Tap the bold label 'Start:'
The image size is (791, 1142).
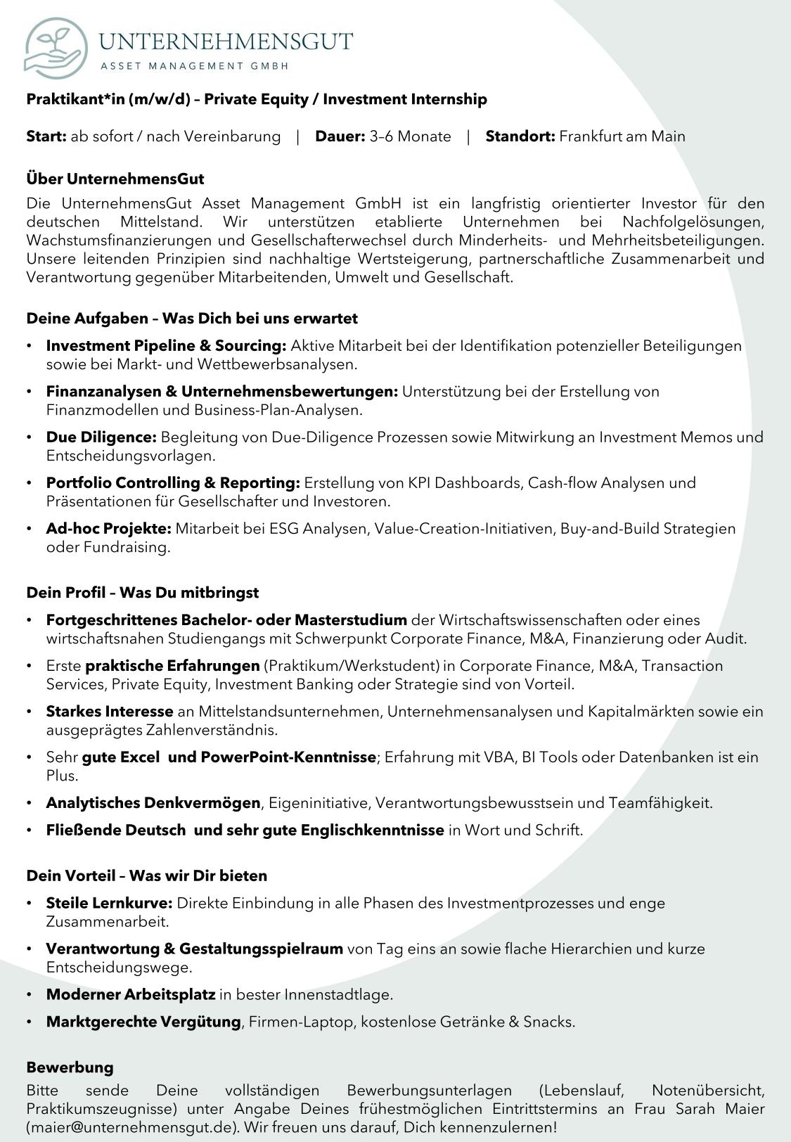coord(46,136)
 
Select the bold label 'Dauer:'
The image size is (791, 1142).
coord(340,136)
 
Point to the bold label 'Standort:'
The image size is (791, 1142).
coord(520,136)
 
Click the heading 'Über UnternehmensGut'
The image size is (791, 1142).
coord(115,179)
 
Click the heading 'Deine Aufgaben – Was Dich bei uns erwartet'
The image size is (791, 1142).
coord(192,319)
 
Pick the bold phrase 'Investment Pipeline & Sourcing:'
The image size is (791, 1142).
coord(166,346)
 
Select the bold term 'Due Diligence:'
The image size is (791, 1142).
coord(101,437)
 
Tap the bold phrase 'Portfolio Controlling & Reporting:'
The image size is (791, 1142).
coord(173,483)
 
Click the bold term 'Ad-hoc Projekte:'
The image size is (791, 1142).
coord(109,529)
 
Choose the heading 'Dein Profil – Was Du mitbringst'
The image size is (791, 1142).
coord(143,593)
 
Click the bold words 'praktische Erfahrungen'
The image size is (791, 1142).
coord(172,666)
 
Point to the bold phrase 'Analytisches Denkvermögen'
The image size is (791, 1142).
coord(153,803)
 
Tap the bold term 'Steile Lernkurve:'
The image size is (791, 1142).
coord(109,903)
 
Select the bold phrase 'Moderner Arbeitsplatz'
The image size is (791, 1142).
coord(131,994)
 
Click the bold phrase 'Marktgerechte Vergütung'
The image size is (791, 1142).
coord(143,1022)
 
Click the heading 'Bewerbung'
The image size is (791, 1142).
coord(70,1067)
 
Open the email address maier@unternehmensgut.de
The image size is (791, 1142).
coord(131,1127)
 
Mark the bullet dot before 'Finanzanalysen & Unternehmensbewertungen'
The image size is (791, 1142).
coord(29,392)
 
